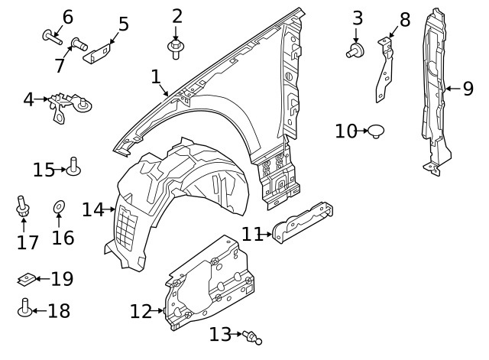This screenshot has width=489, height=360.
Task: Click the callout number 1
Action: (x=156, y=77)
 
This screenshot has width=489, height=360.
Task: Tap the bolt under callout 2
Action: (x=176, y=49)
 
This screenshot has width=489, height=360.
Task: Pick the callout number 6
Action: (x=67, y=17)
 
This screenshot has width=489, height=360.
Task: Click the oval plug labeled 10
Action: (x=375, y=132)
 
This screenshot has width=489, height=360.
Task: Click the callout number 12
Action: (x=141, y=312)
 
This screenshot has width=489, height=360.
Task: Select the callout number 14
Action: (x=93, y=209)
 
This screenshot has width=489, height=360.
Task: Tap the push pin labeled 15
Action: (x=73, y=166)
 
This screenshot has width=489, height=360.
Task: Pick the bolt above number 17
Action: (x=23, y=206)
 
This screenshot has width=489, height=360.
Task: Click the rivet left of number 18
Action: (x=24, y=310)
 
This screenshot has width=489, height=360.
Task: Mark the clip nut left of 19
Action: (x=26, y=280)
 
